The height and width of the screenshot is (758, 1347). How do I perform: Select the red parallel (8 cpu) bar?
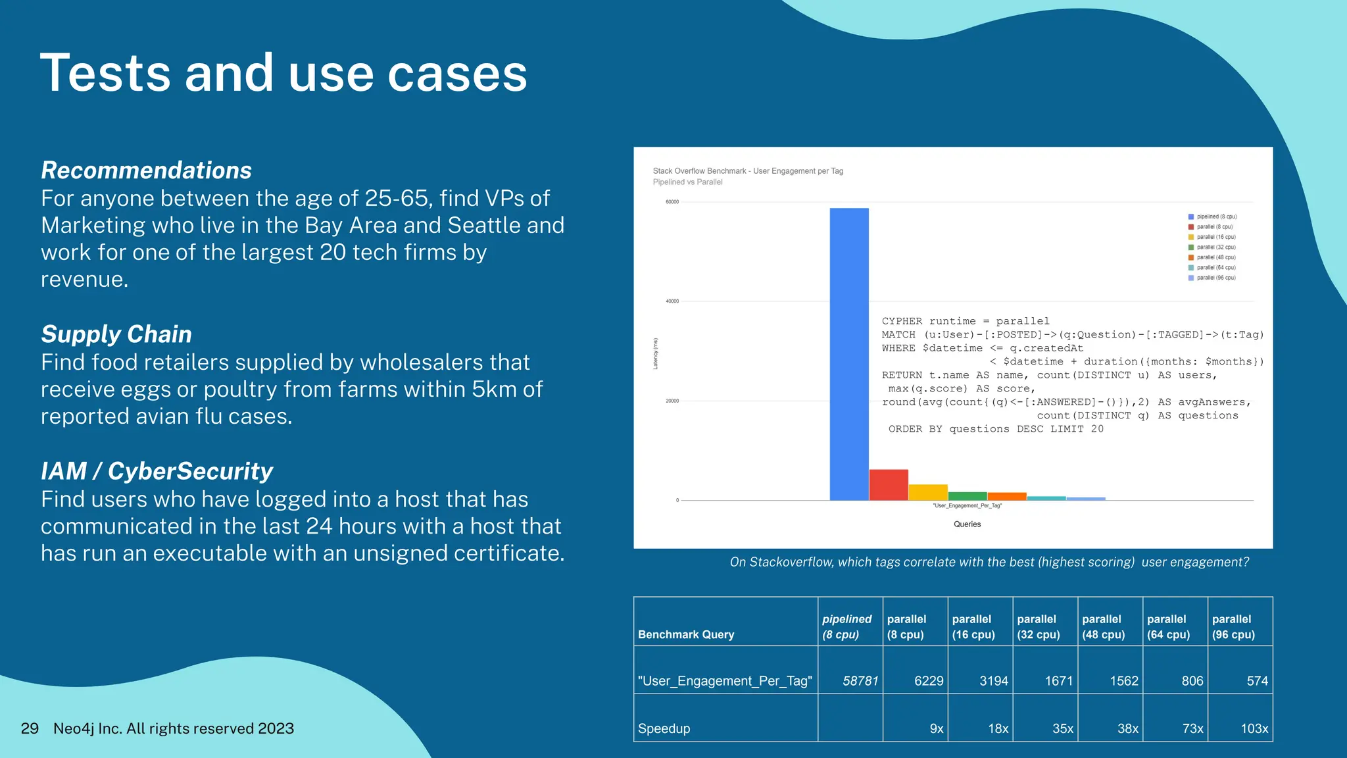(x=889, y=485)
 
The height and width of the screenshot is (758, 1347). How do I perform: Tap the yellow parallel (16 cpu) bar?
(x=928, y=492)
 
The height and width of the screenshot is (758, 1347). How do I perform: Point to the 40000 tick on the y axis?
(x=672, y=301)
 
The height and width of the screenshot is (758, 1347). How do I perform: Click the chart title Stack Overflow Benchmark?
(x=748, y=171)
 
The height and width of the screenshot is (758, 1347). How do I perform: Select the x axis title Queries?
(x=967, y=524)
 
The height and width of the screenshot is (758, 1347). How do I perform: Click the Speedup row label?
(x=664, y=728)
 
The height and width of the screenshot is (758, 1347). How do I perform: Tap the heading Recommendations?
(x=146, y=170)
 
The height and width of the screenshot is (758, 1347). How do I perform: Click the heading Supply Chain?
(x=116, y=334)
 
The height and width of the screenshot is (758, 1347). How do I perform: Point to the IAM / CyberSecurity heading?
(x=157, y=471)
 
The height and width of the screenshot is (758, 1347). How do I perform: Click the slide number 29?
(x=30, y=728)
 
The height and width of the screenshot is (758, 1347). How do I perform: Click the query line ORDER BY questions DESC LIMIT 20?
(x=996, y=429)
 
